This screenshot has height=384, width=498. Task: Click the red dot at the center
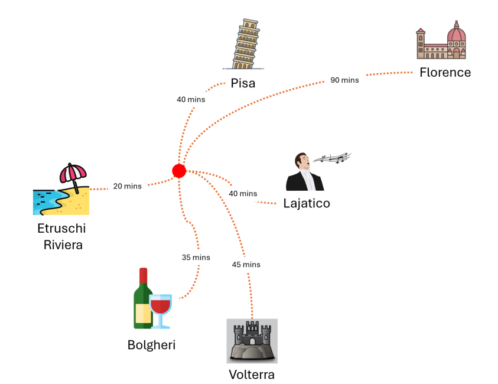(x=179, y=171)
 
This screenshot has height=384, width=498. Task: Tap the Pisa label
(x=243, y=83)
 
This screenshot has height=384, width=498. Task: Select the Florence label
(x=445, y=73)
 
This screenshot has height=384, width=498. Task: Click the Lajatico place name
(x=306, y=204)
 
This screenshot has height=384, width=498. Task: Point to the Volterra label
(x=252, y=375)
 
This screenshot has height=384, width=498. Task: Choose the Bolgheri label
(x=151, y=345)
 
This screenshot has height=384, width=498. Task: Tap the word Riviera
(x=63, y=244)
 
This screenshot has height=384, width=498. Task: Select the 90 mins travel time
(x=344, y=80)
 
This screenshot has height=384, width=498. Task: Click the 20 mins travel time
(x=128, y=186)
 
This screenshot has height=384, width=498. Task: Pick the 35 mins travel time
(x=196, y=258)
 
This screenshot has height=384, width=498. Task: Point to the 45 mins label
(x=246, y=265)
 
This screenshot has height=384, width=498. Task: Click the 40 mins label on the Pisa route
(x=191, y=99)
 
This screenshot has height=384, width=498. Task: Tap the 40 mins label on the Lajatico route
(x=243, y=194)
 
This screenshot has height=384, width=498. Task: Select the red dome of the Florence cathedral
(x=456, y=34)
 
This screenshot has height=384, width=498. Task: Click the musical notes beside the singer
(x=332, y=158)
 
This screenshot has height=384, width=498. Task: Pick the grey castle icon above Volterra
(x=252, y=341)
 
